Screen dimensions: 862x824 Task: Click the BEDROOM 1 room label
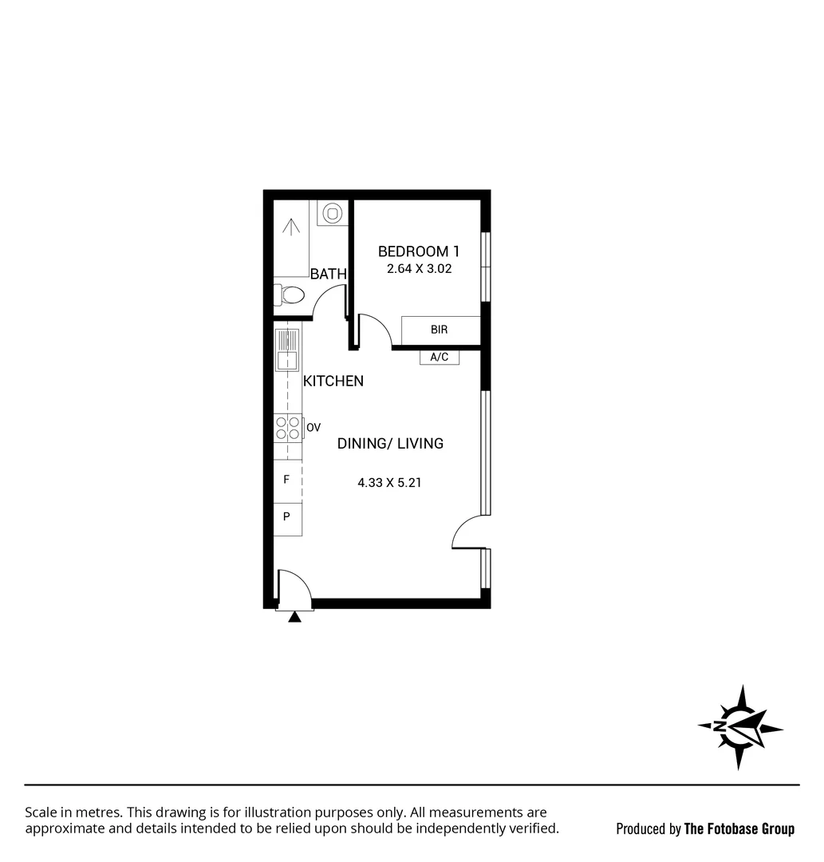coord(419,251)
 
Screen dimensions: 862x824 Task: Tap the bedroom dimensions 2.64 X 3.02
coord(419,269)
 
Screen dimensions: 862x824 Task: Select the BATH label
coord(328,274)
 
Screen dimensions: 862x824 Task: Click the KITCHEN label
coord(333,382)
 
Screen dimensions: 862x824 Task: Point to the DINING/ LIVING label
coord(390,444)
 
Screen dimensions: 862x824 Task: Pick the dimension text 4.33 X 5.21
coord(389,482)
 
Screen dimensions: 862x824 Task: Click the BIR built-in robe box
coord(440,330)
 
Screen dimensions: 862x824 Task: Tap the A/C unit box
coord(440,358)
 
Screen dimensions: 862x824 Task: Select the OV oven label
coord(313,429)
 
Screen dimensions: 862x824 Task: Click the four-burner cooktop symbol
coord(288,428)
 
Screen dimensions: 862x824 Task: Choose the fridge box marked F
coord(287,480)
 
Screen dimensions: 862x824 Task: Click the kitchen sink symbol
coord(287,350)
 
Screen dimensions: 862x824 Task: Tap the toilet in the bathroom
coord(290,295)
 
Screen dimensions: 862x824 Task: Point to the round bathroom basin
coord(332,213)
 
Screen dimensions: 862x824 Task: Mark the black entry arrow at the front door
coord(295,616)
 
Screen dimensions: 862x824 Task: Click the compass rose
coord(739,727)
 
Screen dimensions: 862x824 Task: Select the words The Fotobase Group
coord(739,829)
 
